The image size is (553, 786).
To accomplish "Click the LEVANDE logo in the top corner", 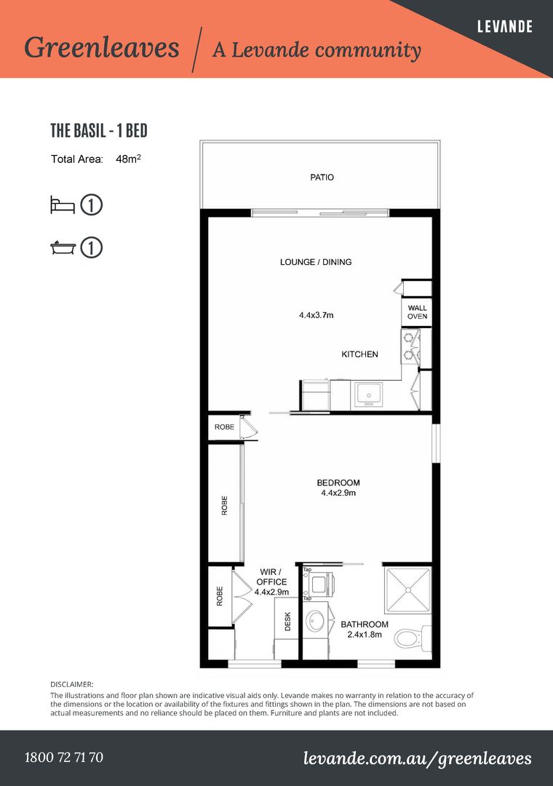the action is click(504, 26).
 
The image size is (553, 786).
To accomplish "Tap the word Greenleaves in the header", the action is click(102, 47).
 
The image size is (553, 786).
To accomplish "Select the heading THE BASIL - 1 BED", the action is click(99, 131).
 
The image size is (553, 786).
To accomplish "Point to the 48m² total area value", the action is click(128, 159).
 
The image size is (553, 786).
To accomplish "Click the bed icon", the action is click(62, 205).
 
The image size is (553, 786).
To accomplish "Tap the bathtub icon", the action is click(63, 247).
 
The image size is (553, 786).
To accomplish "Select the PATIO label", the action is click(322, 177).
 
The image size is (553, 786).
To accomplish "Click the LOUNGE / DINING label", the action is click(316, 262).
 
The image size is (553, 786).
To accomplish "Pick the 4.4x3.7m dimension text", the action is click(317, 315).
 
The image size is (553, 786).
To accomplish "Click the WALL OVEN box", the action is click(417, 312).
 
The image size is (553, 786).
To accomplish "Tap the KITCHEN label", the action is click(359, 354).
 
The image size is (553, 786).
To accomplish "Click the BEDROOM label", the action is click(338, 483).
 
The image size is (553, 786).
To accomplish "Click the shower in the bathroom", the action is click(407, 590).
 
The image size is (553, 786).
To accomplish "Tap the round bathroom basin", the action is click(316, 622).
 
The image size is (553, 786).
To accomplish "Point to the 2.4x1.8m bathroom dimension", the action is click(365, 635).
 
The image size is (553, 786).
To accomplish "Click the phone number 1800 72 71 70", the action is click(64, 757).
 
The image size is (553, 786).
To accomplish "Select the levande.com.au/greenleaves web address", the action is click(417, 758).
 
